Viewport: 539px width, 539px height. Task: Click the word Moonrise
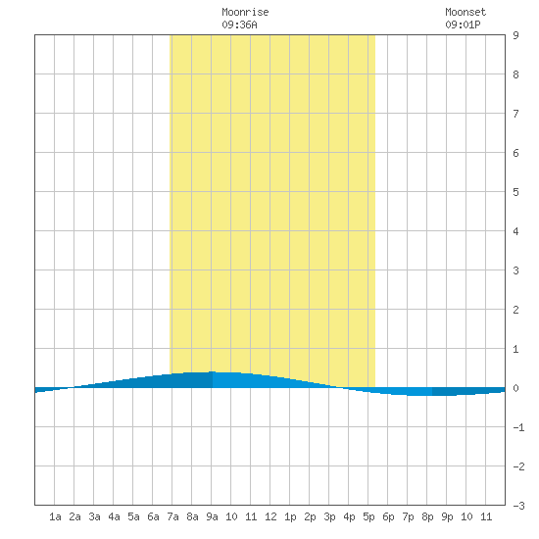[245, 12]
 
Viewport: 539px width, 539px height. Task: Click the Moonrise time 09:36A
[239, 24]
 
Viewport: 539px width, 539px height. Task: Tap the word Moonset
[465, 12]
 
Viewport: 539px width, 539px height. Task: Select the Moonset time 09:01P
[463, 24]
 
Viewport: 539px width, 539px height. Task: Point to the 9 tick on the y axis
[515, 35]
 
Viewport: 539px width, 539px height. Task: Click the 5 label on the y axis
[515, 192]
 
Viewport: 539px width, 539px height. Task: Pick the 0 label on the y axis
[515, 388]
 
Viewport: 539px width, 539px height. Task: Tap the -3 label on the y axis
[518, 506]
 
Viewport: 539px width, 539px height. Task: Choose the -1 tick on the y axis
[518, 427]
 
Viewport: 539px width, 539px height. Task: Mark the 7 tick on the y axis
[515, 114]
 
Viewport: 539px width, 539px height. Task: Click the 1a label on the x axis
[55, 516]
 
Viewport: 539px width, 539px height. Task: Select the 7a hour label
[172, 516]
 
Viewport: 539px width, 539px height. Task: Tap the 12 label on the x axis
[270, 516]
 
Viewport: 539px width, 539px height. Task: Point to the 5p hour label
[368, 516]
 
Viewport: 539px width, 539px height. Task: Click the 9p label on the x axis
[447, 516]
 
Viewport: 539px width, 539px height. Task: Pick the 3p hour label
[329, 516]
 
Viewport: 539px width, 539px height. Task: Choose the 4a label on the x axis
[114, 516]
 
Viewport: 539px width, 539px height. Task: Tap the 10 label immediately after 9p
[466, 516]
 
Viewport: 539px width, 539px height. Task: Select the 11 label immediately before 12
[251, 516]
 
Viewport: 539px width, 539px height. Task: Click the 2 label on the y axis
[515, 310]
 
